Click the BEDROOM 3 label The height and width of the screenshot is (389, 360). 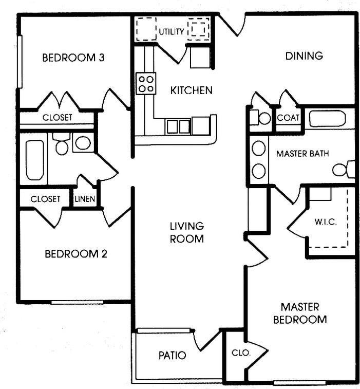(x=73, y=58)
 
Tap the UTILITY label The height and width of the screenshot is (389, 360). (x=171, y=32)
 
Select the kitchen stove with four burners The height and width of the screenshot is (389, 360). (x=146, y=83)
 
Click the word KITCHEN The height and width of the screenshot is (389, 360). (x=191, y=90)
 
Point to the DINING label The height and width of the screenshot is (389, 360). (x=304, y=56)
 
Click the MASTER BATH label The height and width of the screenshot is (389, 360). (x=302, y=154)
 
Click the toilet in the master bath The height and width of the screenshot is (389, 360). (x=343, y=169)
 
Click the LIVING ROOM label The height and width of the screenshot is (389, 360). (x=187, y=232)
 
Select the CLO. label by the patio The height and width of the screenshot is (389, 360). (x=240, y=354)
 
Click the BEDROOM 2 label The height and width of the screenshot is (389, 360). (x=75, y=254)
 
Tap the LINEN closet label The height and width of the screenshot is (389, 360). (x=85, y=199)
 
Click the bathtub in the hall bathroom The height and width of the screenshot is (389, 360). (x=34, y=159)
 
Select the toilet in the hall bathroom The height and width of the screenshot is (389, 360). (x=62, y=145)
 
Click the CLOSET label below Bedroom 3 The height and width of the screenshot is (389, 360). (x=57, y=118)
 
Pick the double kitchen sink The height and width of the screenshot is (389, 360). (x=178, y=126)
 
